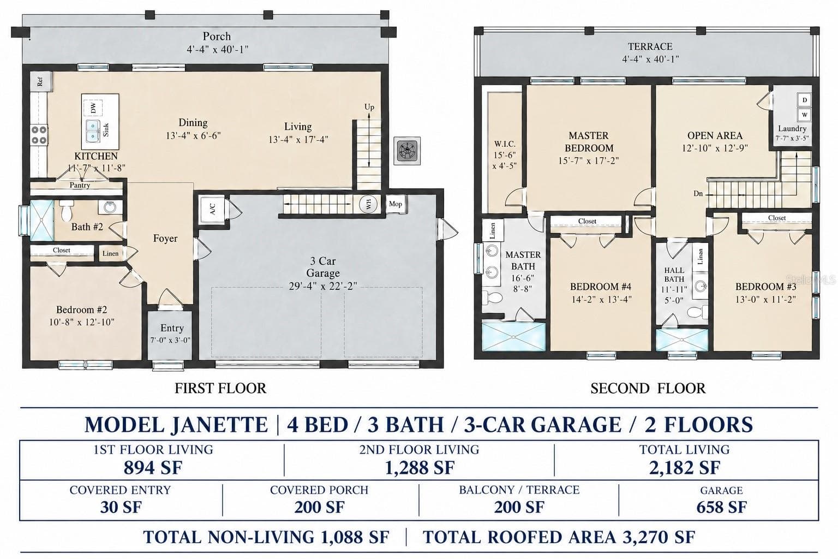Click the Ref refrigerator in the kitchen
40,81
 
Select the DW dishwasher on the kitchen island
93,108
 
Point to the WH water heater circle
368,204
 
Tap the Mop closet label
396,204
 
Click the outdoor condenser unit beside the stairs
407,151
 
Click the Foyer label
165,238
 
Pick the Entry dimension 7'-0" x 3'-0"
170,340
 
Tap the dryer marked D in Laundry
804,100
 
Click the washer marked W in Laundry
804,115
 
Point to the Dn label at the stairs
698,194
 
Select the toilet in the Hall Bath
698,312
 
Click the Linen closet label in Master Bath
492,230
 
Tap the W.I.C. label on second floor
505,144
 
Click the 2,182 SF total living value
685,468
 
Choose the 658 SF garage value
721,507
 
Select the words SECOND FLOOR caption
648,388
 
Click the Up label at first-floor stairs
369,107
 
